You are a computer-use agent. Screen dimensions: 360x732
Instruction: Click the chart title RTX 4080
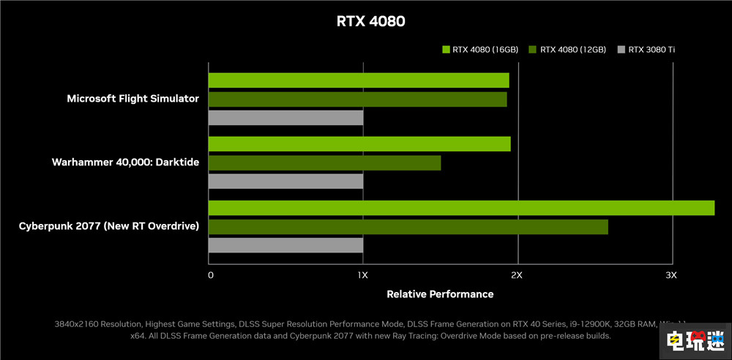(370, 21)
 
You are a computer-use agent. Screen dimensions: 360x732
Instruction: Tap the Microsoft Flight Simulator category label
(132, 99)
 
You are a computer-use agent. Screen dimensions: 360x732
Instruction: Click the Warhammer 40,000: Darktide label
(125, 162)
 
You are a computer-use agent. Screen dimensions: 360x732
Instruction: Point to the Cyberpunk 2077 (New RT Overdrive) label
(109, 226)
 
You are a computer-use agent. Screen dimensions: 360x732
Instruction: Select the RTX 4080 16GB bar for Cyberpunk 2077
(461, 208)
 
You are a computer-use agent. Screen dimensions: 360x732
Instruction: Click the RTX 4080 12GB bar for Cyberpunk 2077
(408, 227)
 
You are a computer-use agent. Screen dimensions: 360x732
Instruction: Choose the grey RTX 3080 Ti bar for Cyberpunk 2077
(285, 245)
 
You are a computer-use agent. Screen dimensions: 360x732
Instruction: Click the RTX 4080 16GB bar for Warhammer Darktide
(359, 144)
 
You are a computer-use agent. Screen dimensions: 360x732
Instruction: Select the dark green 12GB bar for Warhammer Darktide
(324, 162)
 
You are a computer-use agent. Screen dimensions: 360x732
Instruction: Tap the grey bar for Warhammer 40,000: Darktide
(285, 181)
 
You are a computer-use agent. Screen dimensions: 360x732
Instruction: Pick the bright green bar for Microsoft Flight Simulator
(358, 80)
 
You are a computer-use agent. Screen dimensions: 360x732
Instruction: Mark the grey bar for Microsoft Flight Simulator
(285, 117)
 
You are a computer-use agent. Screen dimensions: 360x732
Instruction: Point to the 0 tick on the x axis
(211, 275)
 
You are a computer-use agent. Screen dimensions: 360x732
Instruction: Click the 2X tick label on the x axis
(516, 275)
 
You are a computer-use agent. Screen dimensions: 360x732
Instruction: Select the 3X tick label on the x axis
(671, 275)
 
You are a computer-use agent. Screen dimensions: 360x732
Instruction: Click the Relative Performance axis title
(440, 294)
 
